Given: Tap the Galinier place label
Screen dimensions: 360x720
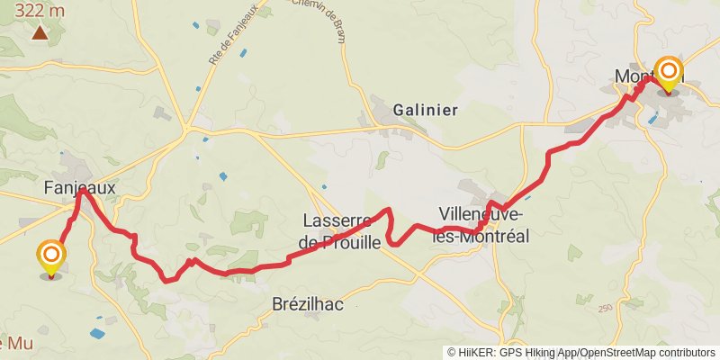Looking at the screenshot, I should click(x=426, y=110).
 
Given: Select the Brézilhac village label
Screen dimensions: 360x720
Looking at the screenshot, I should click(x=308, y=304).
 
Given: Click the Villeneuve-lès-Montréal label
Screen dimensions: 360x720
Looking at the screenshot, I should click(x=482, y=225).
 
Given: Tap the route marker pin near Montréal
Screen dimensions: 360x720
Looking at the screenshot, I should click(x=668, y=73).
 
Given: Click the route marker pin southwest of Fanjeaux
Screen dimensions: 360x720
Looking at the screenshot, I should click(x=51, y=258).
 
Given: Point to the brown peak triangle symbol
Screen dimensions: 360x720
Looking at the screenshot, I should click(x=40, y=33).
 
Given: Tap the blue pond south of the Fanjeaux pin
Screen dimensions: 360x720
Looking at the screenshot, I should click(x=97, y=333).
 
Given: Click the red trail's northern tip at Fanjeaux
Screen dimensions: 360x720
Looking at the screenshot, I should click(x=82, y=190).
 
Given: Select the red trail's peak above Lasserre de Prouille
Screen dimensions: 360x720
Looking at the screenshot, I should click(x=388, y=210).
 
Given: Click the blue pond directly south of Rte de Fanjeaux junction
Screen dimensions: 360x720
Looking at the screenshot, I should click(x=222, y=176).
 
